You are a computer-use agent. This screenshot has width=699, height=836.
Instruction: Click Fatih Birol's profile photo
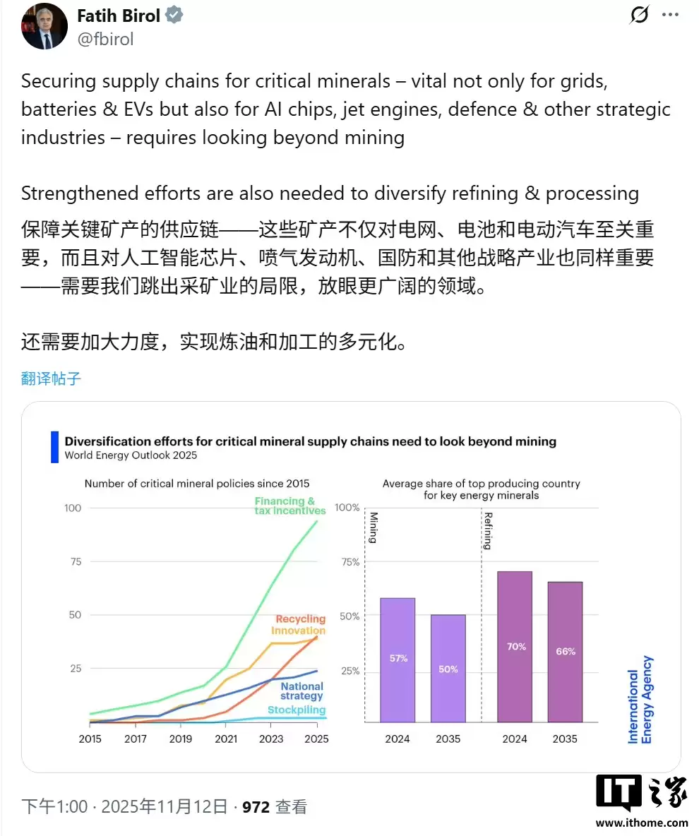[44, 26]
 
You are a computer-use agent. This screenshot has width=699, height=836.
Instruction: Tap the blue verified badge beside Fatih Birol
[174, 16]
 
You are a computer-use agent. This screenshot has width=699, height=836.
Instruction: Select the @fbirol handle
[105, 39]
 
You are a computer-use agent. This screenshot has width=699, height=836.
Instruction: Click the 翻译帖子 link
[52, 378]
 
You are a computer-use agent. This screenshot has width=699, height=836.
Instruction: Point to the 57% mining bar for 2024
[398, 659]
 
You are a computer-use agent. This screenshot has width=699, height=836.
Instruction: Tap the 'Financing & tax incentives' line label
[290, 506]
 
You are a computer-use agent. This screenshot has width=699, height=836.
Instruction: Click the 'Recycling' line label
[301, 619]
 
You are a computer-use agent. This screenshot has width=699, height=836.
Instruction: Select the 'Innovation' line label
[298, 631]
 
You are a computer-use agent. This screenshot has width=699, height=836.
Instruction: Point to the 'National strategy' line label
[301, 691]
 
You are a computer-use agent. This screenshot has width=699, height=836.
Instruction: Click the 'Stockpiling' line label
[297, 710]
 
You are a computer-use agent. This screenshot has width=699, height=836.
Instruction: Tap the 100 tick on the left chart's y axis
[73, 508]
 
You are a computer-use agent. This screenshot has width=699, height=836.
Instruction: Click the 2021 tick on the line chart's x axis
[226, 739]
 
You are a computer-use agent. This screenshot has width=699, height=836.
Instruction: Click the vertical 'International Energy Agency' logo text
[640, 700]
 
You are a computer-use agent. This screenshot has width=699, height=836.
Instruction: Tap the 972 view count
[256, 806]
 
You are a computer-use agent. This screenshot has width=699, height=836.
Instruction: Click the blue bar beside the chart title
[54, 448]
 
